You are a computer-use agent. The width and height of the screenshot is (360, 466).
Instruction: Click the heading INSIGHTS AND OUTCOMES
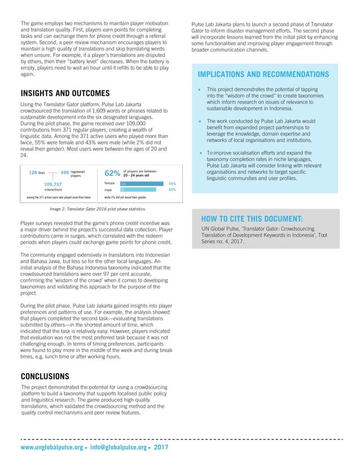click(x=65, y=93)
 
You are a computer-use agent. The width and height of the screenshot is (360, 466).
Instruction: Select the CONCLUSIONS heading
click(x=45, y=376)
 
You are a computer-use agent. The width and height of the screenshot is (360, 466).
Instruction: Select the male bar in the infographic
click(x=141, y=190)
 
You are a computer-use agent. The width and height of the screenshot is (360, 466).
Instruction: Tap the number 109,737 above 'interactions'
click(x=54, y=184)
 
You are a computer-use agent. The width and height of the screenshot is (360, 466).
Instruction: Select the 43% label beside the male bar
click(x=172, y=190)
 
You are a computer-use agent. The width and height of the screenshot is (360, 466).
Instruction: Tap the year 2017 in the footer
click(x=161, y=447)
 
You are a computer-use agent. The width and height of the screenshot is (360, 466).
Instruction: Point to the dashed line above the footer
click(x=181, y=438)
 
